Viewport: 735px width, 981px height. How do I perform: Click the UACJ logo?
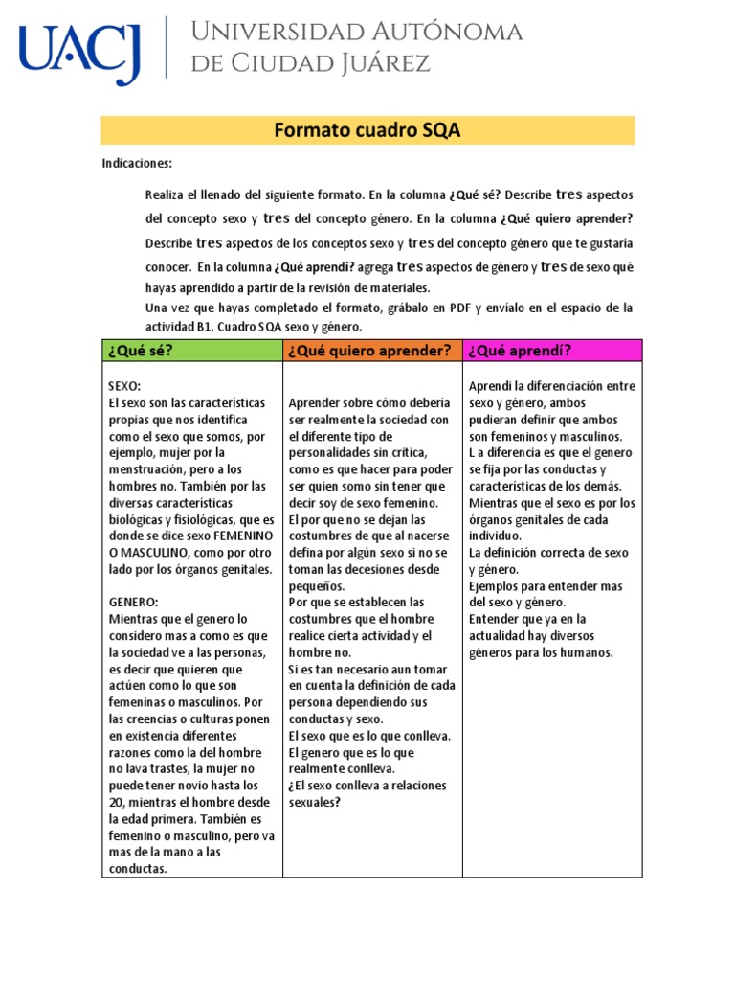pyautogui.click(x=80, y=50)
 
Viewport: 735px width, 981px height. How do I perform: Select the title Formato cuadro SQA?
pyautogui.click(x=367, y=130)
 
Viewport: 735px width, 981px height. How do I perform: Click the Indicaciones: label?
pyautogui.click(x=137, y=164)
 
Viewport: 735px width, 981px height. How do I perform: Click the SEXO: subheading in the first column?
pyautogui.click(x=125, y=386)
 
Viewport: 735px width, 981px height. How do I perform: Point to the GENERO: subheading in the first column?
pyautogui.click(x=133, y=603)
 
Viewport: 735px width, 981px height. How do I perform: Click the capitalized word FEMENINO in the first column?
pyautogui.click(x=243, y=536)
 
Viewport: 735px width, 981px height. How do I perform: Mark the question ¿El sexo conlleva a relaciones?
pyautogui.click(x=367, y=786)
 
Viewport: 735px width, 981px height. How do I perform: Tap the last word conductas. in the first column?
pyautogui.click(x=138, y=870)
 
